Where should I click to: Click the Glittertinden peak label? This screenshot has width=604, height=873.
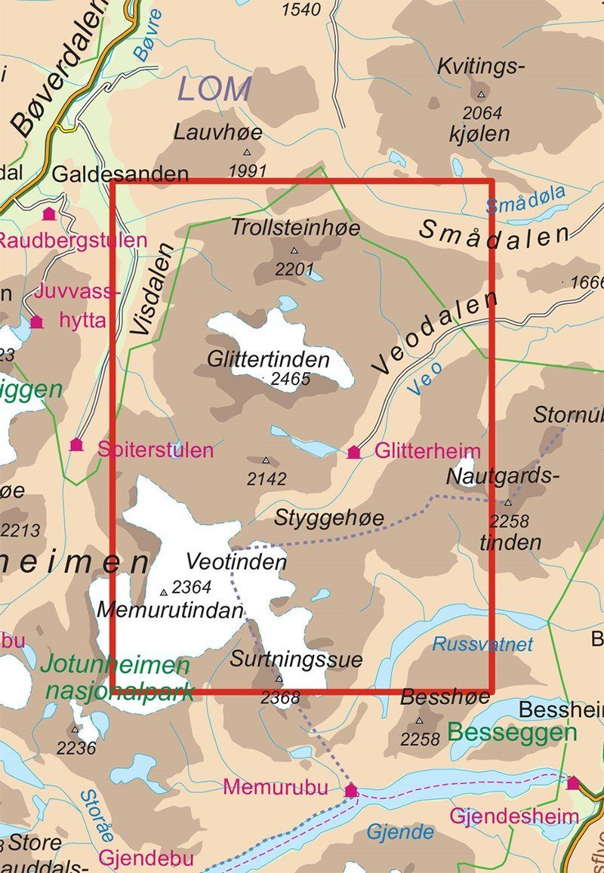(x=268, y=360)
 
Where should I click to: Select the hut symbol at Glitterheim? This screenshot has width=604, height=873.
(x=353, y=452)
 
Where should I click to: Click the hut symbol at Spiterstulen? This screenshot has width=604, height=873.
(x=76, y=444)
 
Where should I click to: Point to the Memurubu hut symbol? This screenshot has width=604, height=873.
(x=350, y=790)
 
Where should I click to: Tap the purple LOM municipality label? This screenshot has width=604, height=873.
(x=214, y=90)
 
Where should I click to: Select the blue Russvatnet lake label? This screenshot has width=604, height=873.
(x=482, y=644)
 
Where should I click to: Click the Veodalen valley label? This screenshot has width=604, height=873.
(x=435, y=333)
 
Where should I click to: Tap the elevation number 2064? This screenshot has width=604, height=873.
(x=481, y=113)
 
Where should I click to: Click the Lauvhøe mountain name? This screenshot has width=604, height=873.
(x=218, y=133)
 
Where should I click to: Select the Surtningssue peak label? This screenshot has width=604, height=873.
(x=297, y=659)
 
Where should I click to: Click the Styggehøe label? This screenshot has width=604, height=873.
(x=329, y=518)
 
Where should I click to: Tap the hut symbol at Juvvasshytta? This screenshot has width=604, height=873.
(x=36, y=322)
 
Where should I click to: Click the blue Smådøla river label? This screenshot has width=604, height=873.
(x=525, y=200)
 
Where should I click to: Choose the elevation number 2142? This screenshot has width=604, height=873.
(x=267, y=478)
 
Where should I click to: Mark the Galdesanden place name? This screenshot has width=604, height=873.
(x=120, y=174)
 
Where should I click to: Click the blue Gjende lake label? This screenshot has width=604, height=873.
(x=400, y=832)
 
